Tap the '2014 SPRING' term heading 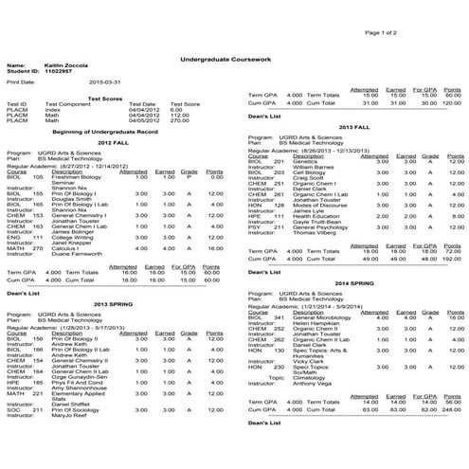click(x=352, y=282)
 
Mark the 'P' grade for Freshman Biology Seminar click(x=189, y=176)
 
